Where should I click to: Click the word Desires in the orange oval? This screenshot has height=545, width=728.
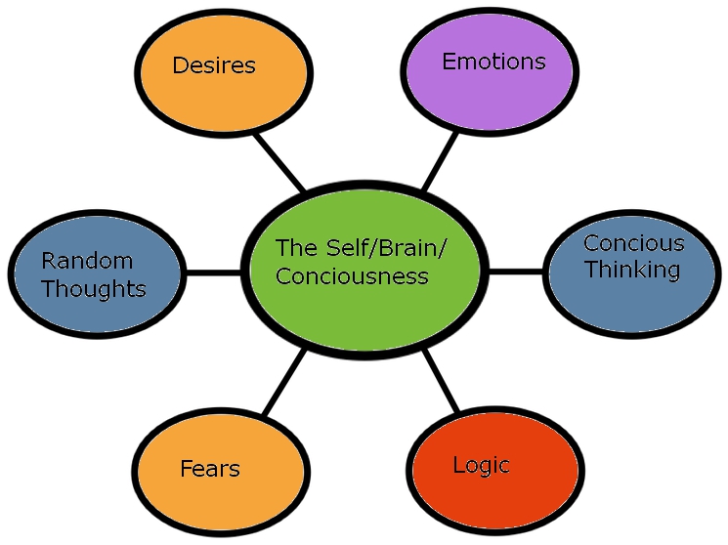pos(213,66)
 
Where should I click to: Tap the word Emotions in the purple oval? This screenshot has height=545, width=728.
pos(493,62)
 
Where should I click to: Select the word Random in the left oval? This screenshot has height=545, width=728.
pos(87,261)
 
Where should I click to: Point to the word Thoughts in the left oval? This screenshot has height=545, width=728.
pos(94,289)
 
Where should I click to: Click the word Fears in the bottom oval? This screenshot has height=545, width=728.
pos(209,469)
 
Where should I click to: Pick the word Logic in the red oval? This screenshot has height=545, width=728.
pos(481,465)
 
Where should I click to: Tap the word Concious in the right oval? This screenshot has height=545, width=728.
pos(633,243)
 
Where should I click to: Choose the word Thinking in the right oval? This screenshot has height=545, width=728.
pos(631,270)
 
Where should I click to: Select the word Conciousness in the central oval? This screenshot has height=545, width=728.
pos(352,276)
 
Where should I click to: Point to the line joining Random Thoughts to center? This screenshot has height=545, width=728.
pos(213,272)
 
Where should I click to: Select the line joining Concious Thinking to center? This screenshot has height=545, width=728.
pos(515,271)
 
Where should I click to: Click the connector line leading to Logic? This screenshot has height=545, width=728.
pos(441,381)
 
